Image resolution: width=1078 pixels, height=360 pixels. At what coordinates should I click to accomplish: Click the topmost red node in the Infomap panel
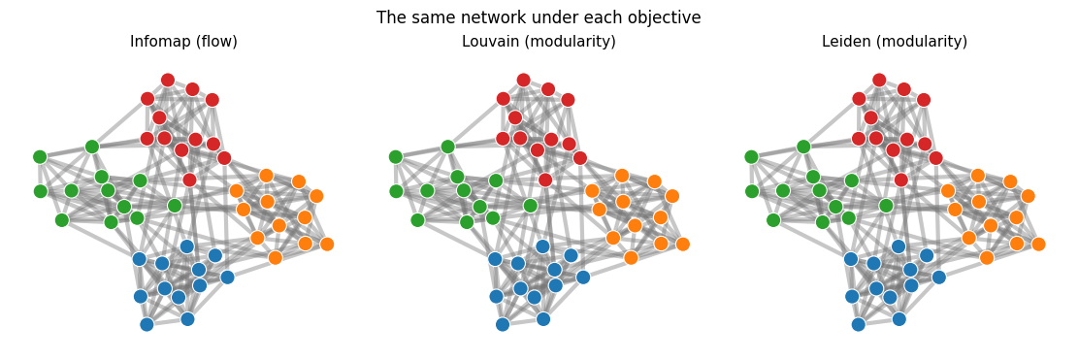(168, 81)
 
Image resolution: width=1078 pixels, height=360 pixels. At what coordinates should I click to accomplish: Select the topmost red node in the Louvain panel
(523, 81)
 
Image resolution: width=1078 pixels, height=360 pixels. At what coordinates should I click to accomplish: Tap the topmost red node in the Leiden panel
(879, 81)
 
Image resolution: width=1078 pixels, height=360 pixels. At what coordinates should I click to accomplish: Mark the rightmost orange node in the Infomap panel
(327, 244)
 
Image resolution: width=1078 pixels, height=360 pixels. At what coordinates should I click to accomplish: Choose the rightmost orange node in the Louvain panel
(683, 244)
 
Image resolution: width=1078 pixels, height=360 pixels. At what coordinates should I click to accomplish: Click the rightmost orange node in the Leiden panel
(1038, 244)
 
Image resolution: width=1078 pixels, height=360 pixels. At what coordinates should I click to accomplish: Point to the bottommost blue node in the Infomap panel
(147, 324)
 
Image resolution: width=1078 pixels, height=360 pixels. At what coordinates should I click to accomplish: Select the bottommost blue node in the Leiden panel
(858, 324)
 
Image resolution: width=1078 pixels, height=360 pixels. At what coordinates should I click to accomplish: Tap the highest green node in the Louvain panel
(447, 147)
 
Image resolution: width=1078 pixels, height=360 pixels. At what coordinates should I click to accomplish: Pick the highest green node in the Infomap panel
(92, 147)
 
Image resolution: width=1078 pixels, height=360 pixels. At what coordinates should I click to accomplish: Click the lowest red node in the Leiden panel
(900, 180)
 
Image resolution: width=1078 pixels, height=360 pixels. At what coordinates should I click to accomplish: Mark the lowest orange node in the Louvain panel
(631, 258)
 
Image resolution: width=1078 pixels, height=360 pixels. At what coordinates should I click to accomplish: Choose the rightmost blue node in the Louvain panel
(583, 277)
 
